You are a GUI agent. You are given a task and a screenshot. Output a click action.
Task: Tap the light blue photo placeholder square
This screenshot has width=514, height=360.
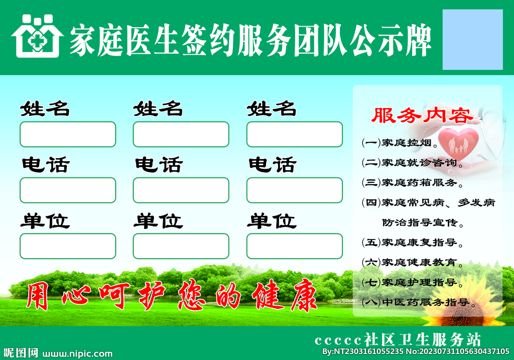[472, 40]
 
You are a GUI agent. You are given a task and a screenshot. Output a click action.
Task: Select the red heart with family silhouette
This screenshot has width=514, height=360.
[458, 142]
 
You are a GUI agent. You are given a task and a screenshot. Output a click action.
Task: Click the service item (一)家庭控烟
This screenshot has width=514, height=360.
[400, 143]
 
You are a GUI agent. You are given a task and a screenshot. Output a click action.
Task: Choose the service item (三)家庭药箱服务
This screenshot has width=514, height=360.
[412, 182]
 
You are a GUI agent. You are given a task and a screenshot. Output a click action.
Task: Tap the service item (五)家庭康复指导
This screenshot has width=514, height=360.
[412, 242]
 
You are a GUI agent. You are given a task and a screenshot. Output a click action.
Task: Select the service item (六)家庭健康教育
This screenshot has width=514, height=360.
[412, 262]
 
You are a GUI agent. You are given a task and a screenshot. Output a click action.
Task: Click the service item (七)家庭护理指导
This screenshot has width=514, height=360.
[412, 282]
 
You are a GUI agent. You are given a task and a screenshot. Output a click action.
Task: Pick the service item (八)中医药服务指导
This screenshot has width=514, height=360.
[419, 302]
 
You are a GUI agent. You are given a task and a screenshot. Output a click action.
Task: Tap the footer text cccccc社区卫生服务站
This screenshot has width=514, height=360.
[398, 339]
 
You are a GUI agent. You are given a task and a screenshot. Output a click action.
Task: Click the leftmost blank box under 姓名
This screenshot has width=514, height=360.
[68, 134]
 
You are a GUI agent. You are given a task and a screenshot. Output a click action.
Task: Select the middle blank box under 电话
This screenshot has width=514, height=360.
[181, 190]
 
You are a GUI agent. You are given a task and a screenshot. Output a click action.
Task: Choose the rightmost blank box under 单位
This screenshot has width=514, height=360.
[294, 246]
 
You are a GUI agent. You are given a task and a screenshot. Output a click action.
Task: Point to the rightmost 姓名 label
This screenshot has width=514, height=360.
[272, 108]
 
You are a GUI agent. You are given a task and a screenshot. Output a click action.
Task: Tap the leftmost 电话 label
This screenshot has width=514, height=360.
[45, 165]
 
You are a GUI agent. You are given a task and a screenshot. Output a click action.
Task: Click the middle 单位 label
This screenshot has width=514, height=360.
[158, 221]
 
